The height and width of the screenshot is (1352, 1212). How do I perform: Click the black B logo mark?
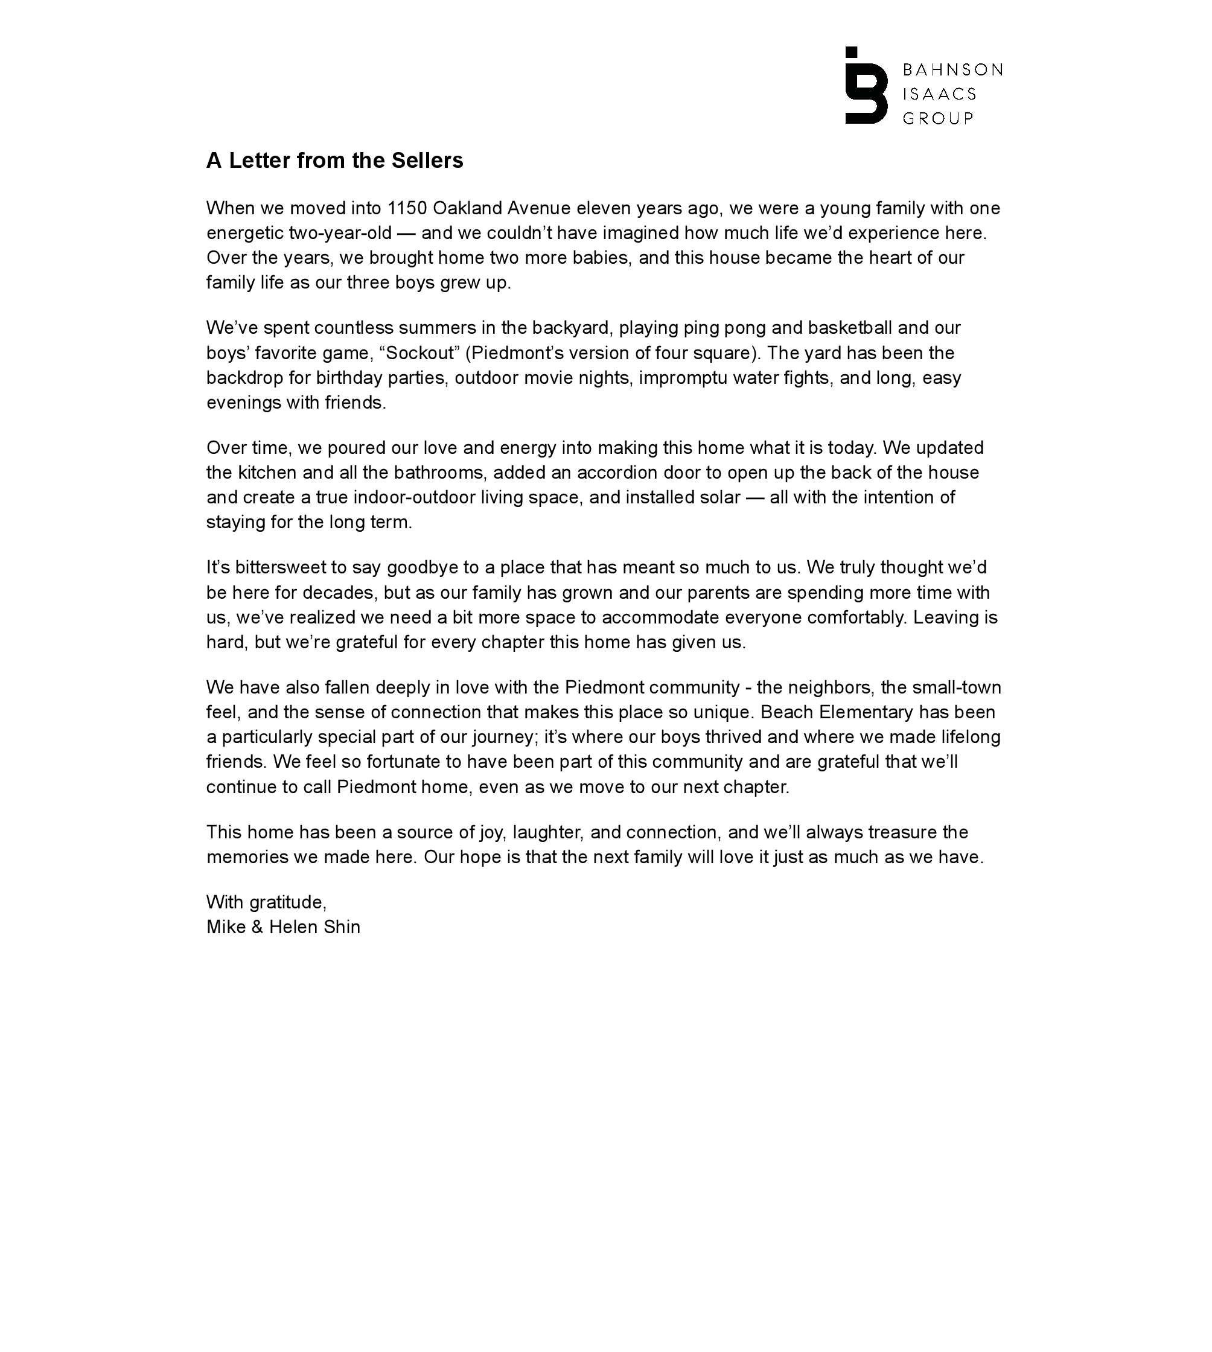point(866,86)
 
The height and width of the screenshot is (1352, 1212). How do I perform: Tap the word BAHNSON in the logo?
point(952,70)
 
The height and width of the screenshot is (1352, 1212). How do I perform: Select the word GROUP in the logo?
point(937,118)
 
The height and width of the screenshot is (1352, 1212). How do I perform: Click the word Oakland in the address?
point(467,208)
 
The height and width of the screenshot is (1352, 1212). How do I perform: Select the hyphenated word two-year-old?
point(340,233)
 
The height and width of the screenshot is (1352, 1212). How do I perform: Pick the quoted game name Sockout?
point(419,353)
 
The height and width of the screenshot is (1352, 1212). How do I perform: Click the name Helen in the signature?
point(295,927)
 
